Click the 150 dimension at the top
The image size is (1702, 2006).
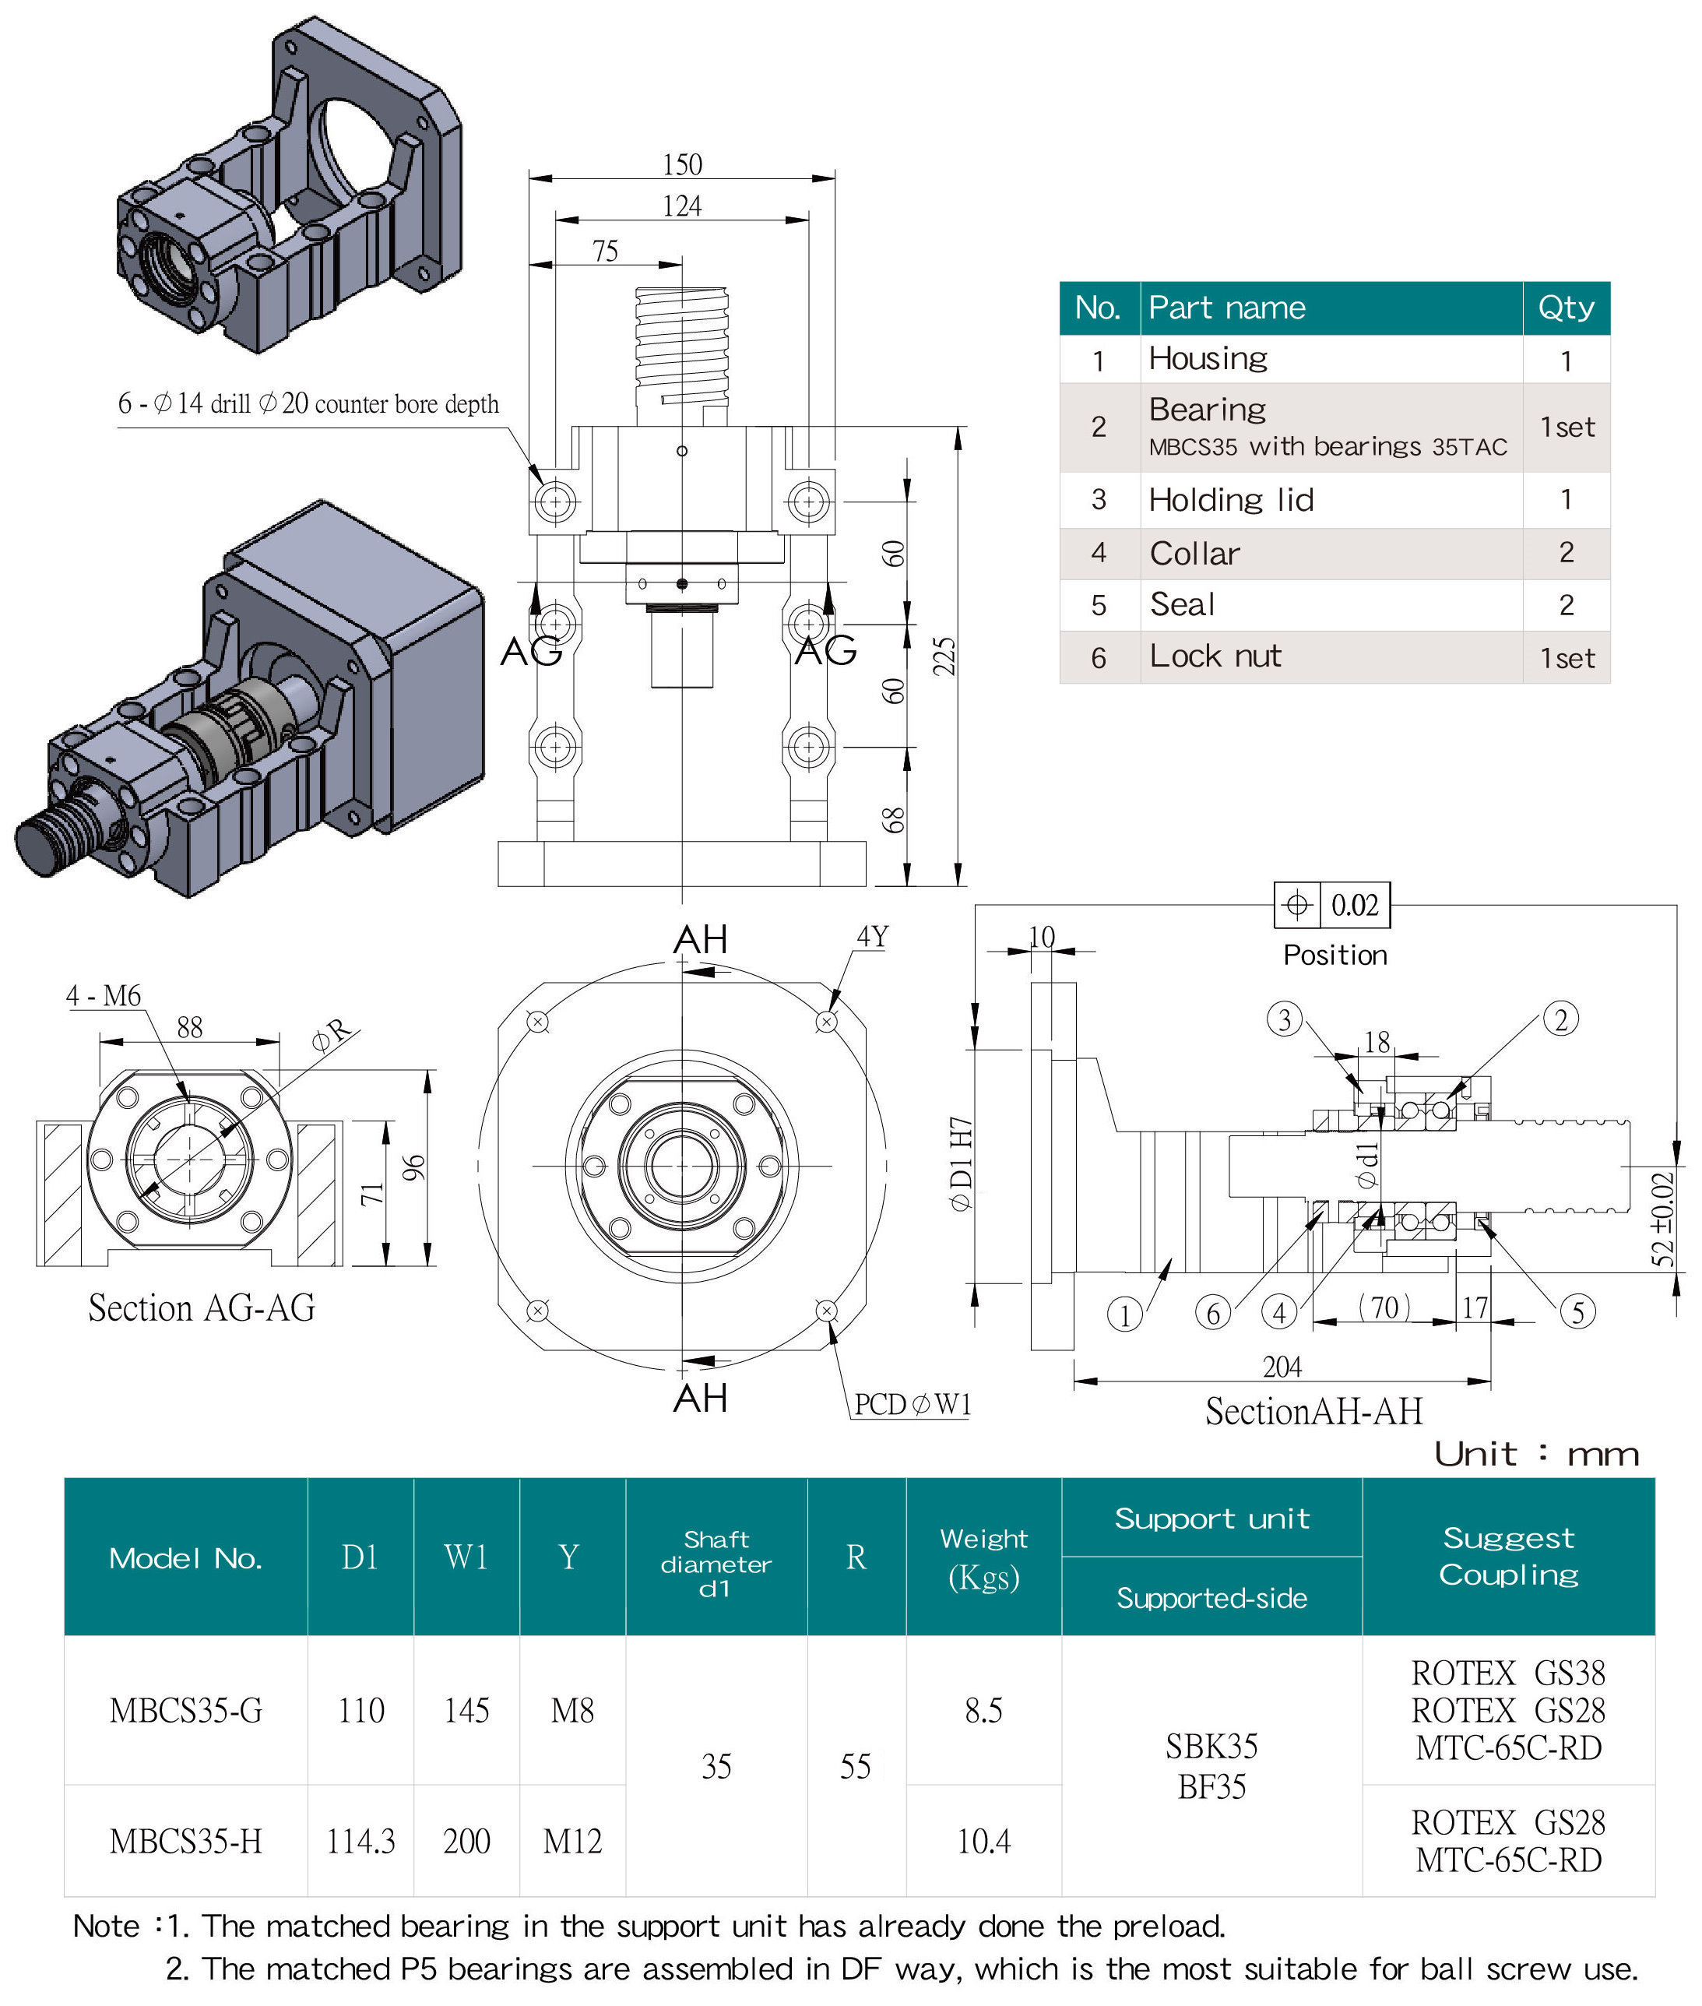682,165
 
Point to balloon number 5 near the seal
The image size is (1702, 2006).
1577,1312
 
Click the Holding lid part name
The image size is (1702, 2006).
1231,500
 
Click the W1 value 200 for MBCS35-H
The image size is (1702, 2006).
466,1841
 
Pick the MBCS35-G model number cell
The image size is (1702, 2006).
186,1711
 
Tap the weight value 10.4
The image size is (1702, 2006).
983,1841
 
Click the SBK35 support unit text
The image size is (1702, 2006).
1211,1747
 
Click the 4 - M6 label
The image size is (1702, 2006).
104,996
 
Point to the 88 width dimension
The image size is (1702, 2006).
189,1028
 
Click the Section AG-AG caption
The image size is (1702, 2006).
202,1308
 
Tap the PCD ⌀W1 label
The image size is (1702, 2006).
912,1404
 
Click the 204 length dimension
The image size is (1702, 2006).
1282,1367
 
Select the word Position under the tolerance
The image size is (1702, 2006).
1335,955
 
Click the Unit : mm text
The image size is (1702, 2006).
1536,1454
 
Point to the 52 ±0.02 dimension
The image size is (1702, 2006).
1662,1219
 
